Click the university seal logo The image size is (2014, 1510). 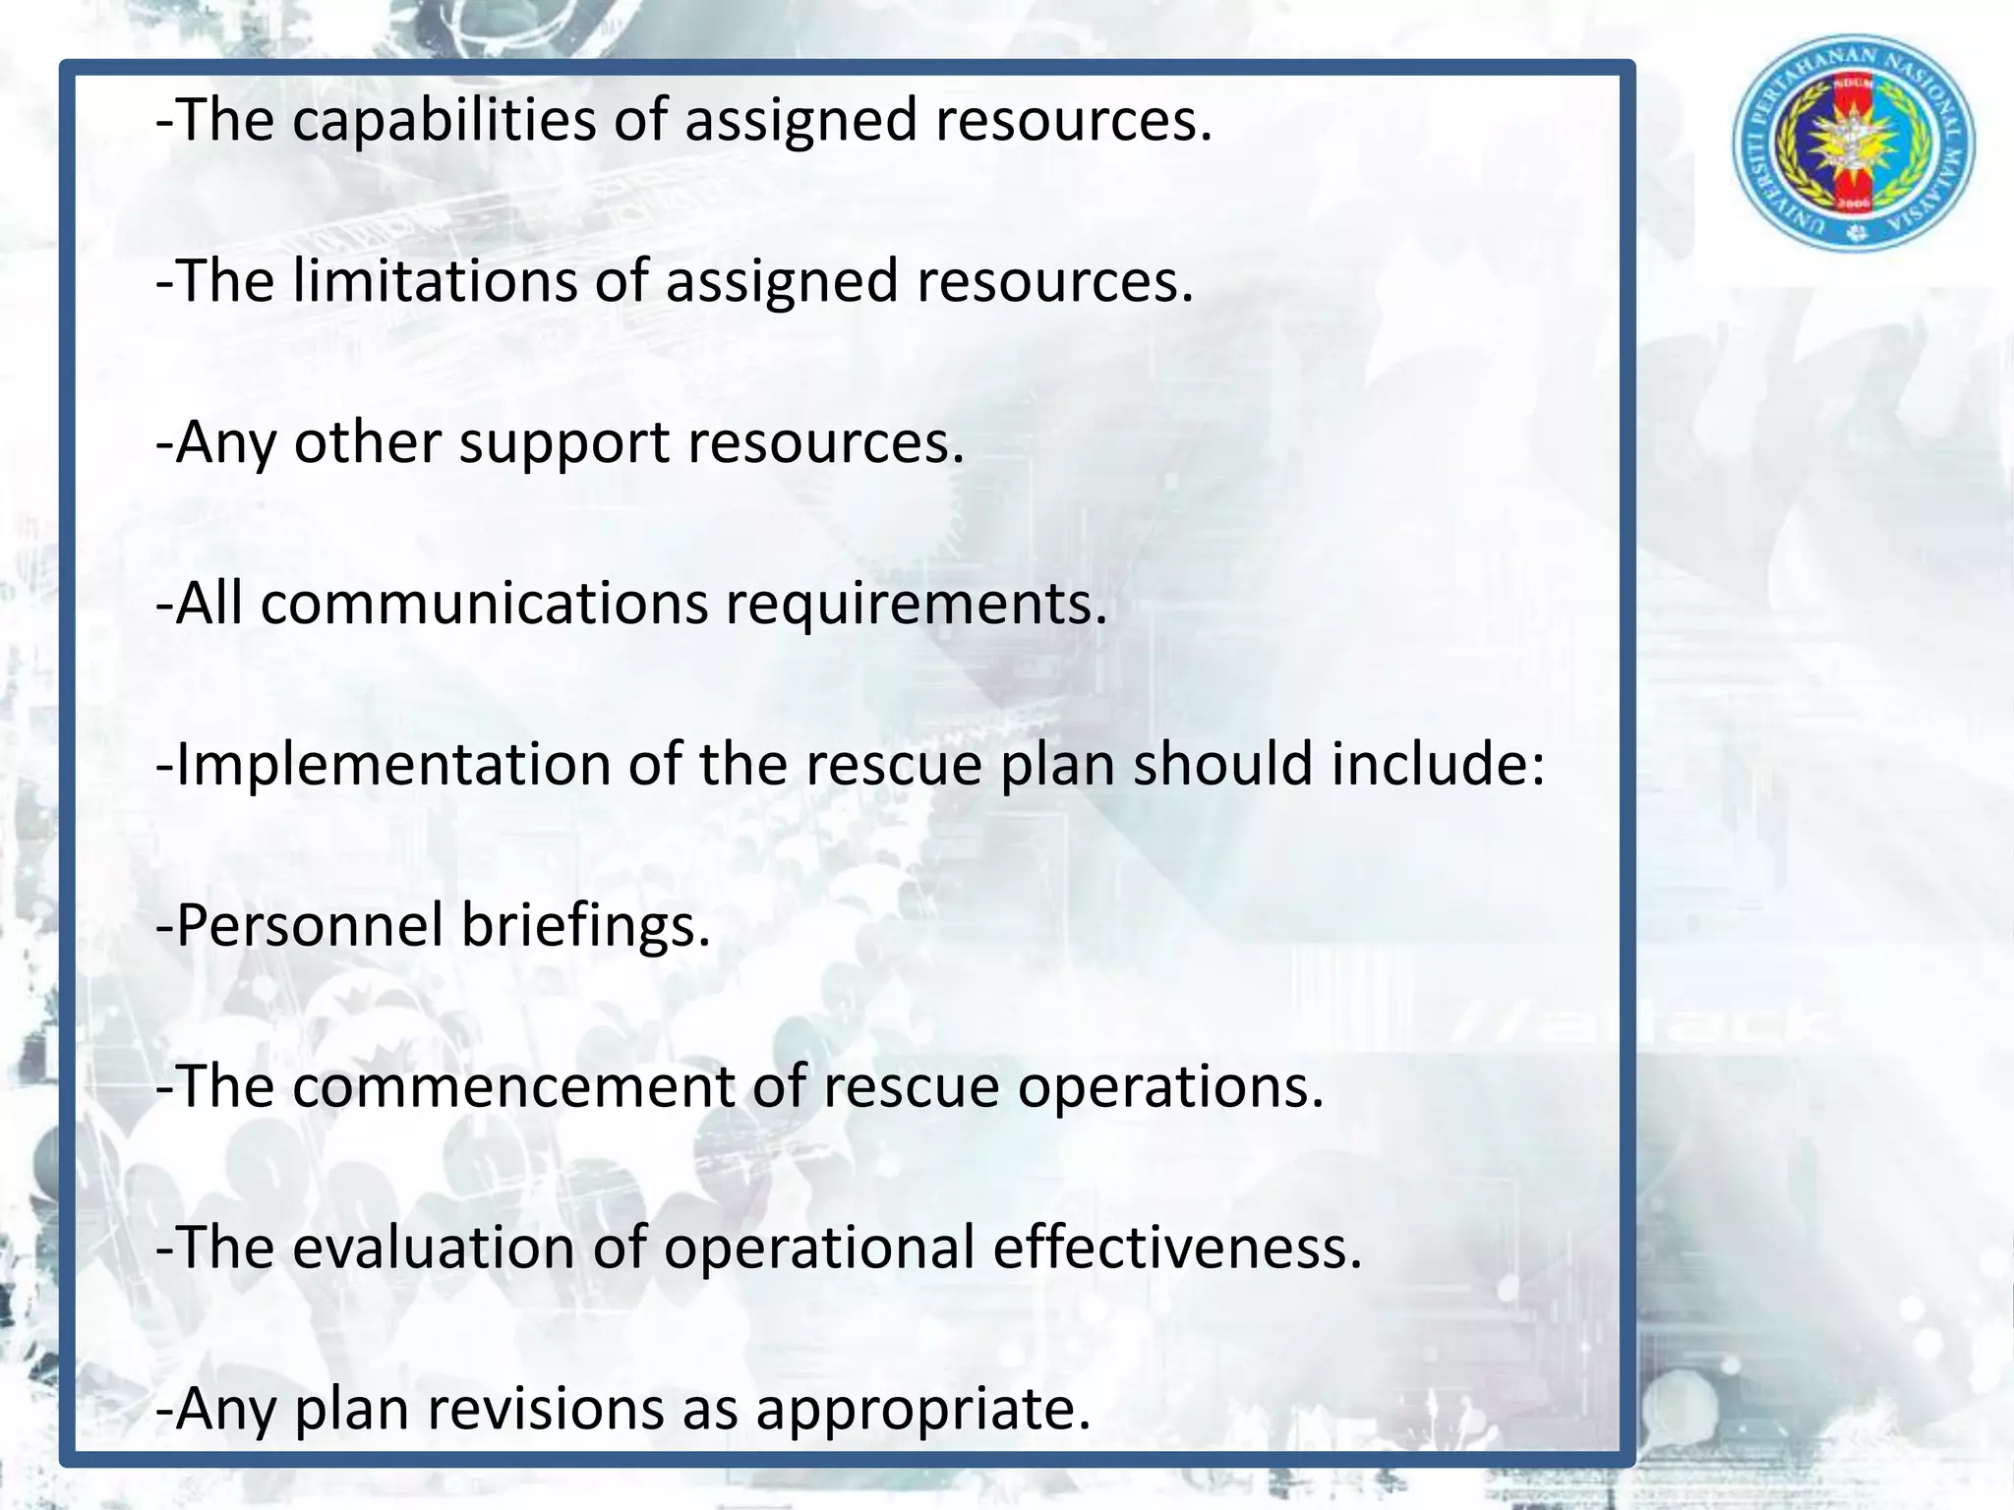click(x=1853, y=144)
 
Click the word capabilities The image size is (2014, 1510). click(x=444, y=121)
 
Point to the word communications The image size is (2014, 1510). click(x=484, y=604)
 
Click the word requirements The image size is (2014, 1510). click(x=916, y=604)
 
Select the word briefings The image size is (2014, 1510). click(x=585, y=926)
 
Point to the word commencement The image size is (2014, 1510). click(x=513, y=1087)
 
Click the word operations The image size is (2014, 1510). click(x=1170, y=1087)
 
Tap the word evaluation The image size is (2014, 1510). click(x=433, y=1249)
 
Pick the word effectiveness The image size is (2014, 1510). click(x=1176, y=1249)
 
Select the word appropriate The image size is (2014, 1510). click(x=922, y=1410)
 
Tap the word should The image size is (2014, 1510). click(x=1222, y=765)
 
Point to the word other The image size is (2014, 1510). click(x=367, y=443)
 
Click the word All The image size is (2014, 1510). click(x=209, y=604)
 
